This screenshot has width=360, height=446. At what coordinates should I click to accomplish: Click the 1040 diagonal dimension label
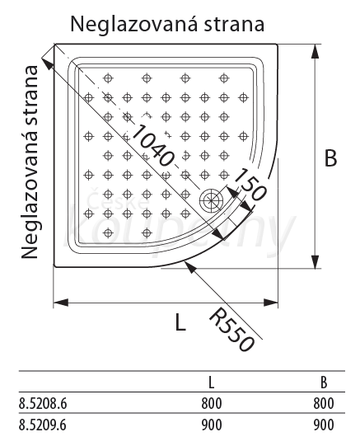point(152,145)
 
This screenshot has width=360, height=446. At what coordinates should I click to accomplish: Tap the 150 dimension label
point(250,185)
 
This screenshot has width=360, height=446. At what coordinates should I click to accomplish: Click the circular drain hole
point(211,200)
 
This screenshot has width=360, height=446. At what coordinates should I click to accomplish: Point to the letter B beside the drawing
point(330,157)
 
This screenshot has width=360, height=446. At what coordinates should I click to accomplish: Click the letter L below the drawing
point(180,322)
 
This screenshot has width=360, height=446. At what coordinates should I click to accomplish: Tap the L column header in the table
point(211,383)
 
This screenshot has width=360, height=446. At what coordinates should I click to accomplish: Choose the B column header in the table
point(324,383)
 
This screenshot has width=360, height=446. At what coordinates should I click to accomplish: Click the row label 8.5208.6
point(43,404)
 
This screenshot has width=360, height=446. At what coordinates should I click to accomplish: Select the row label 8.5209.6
point(43,425)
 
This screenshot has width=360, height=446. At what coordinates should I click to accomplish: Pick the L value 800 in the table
point(212,404)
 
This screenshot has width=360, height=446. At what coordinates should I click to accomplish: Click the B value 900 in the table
point(324,425)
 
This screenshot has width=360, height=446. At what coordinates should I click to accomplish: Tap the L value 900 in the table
point(212,425)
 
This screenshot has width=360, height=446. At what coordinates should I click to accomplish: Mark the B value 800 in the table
point(324,404)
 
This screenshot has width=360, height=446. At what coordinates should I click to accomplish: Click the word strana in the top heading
point(234,25)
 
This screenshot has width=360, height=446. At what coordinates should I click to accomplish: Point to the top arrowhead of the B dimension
point(315,52)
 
